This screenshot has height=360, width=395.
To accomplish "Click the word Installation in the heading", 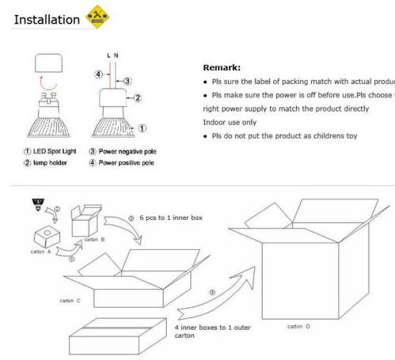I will click(x=46, y=18).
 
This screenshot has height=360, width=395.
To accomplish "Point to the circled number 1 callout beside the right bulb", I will click(x=142, y=127).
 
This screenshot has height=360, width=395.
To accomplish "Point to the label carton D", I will click(x=298, y=325).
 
